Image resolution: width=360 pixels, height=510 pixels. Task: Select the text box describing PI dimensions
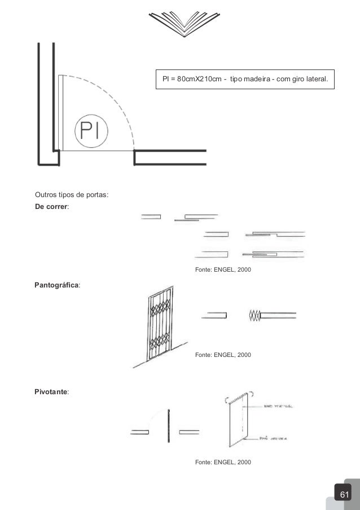point(245,80)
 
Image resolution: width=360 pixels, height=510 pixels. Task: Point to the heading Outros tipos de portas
point(72,196)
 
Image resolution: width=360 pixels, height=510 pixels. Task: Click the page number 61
point(344,495)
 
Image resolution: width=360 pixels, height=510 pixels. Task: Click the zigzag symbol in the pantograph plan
point(254,316)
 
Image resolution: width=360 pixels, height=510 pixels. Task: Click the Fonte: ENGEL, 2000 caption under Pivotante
point(223,463)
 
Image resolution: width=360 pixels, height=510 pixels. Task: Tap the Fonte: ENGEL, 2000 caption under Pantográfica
point(223,355)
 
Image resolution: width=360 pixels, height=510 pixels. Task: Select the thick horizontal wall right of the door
point(170,151)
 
